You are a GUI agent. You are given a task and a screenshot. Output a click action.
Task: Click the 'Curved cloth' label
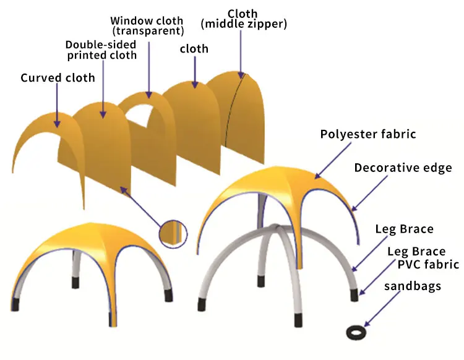click(x=58, y=78)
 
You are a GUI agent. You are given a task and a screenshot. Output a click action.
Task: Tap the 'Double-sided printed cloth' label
click(x=101, y=50)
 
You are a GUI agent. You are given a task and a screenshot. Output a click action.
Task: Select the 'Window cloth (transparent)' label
click(x=147, y=25)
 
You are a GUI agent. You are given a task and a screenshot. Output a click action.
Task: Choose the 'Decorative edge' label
click(x=403, y=168)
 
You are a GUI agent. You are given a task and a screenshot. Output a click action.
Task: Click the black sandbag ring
click(x=355, y=333)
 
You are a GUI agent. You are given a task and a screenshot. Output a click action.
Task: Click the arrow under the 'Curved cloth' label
click(x=56, y=105)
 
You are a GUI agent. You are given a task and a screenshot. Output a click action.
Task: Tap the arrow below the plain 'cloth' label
click(x=195, y=71)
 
